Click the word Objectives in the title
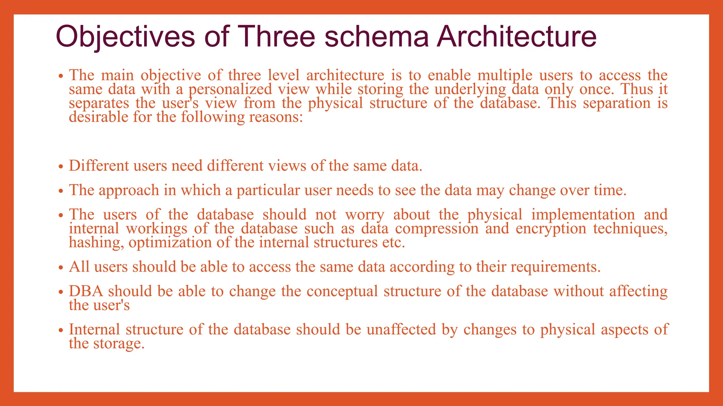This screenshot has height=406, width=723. click(x=125, y=37)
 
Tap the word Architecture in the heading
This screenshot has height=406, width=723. click(x=516, y=37)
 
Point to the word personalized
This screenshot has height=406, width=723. click(x=230, y=89)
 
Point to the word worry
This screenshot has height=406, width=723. click(x=364, y=215)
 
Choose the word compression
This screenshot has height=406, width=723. click(x=437, y=229)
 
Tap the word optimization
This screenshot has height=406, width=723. click(x=170, y=243)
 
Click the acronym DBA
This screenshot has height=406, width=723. click(x=86, y=291)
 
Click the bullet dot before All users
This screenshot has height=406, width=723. click(x=61, y=268)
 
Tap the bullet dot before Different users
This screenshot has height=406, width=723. click(x=61, y=167)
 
